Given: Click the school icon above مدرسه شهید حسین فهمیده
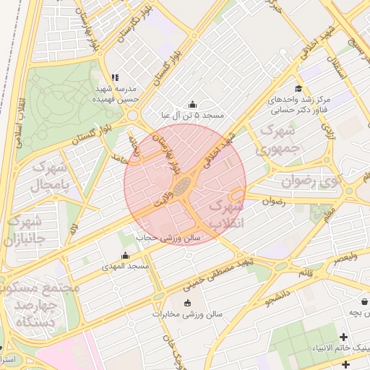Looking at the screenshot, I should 114,77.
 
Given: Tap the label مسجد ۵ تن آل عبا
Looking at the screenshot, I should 193,115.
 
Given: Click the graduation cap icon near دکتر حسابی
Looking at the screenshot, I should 298,89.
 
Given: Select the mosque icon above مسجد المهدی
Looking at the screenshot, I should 126,255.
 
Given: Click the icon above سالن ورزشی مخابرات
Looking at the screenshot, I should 189,303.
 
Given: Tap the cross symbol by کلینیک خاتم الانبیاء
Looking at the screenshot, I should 343,337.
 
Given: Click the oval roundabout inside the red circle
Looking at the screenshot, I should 183,186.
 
